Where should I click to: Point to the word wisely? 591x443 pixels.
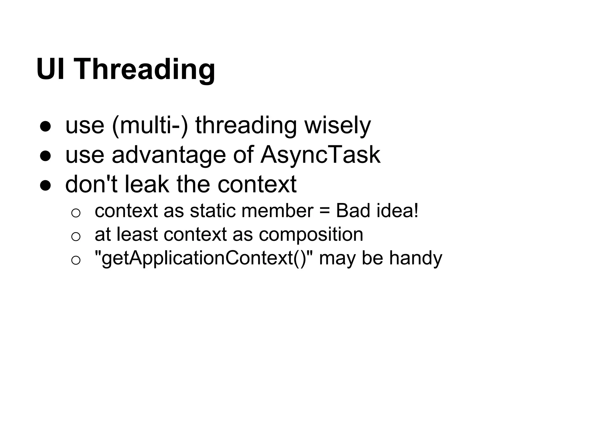[338, 126]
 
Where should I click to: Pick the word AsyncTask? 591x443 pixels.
[320, 155]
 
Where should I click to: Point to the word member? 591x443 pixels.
[277, 211]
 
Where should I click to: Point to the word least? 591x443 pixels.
[137, 234]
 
